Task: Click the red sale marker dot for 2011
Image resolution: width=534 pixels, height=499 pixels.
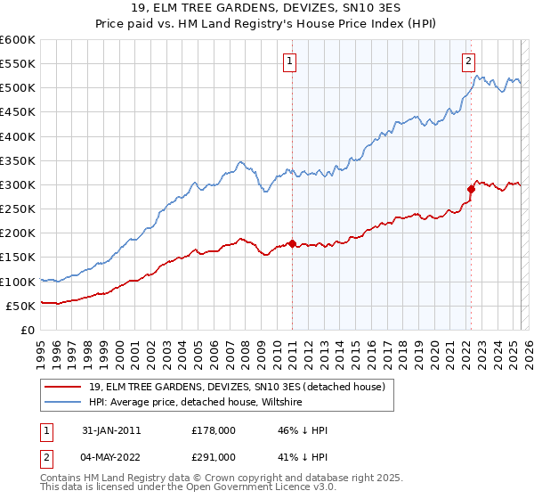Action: (292, 243)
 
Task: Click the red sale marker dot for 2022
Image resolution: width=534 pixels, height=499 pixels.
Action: (471, 189)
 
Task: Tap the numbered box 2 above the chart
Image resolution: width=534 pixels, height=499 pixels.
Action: (468, 61)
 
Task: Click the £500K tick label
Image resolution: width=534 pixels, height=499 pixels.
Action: (18, 88)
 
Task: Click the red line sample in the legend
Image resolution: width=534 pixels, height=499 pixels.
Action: (63, 387)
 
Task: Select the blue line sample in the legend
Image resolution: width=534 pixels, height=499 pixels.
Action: (63, 403)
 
